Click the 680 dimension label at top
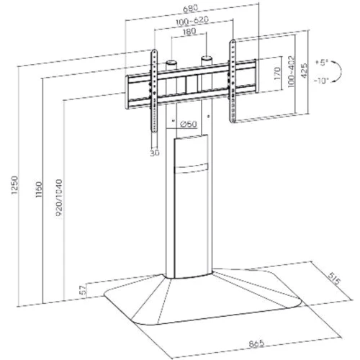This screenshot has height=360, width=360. tap(191, 9)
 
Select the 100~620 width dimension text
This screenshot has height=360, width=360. tap(192, 21)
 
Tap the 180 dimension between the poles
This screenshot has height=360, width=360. tap(189, 31)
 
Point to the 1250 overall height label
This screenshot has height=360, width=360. tap(14, 185)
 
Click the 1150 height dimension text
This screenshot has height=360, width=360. tap(38, 190)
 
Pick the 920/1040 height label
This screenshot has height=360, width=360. tap(59, 198)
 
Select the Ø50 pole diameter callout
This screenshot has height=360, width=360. tap(189, 124)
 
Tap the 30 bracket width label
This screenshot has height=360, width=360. tap(155, 153)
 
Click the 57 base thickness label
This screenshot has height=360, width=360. tap(83, 290)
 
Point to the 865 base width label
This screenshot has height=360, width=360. tap(256, 343)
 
